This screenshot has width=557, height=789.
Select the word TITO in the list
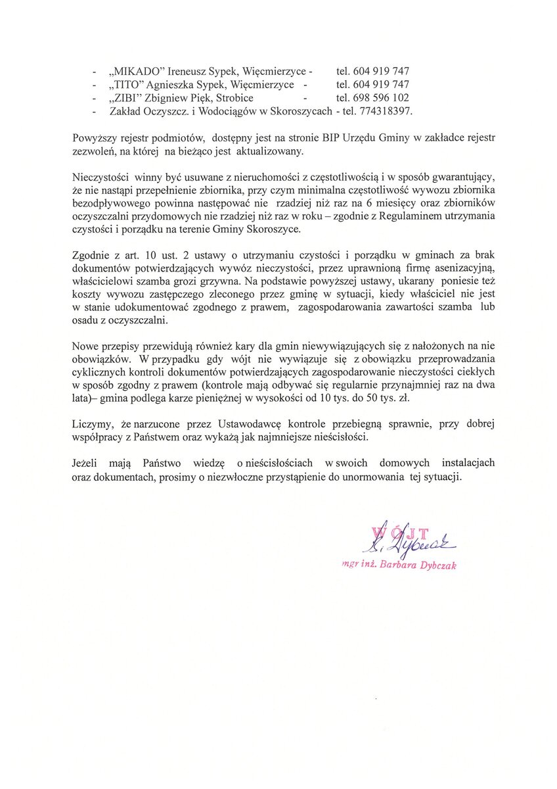pos(128,84)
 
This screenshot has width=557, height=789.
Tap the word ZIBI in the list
pos(127,98)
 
